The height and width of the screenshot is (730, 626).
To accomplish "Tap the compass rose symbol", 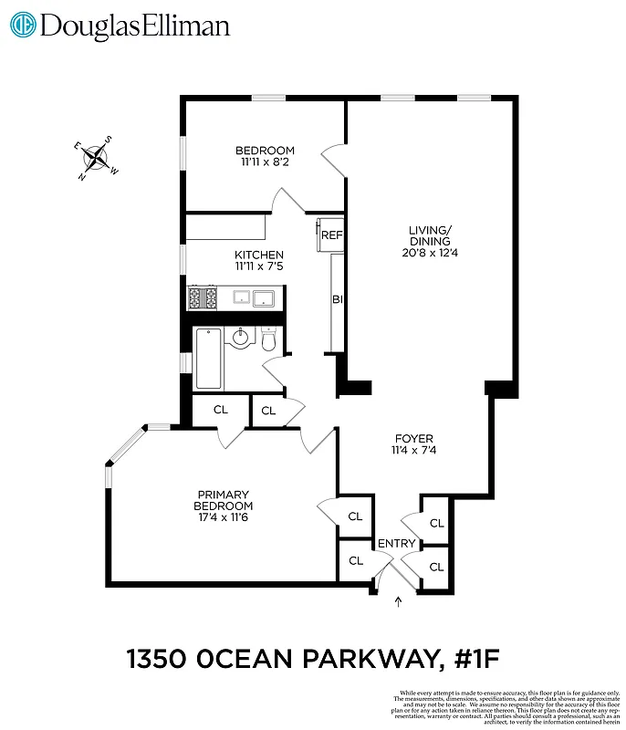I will tap(95, 159).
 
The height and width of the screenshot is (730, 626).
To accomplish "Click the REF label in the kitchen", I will tap(330, 235).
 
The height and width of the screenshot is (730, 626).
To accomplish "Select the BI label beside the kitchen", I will tap(337, 299).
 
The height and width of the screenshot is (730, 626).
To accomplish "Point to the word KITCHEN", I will tap(259, 255).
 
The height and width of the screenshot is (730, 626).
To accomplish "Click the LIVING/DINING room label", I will tap(430, 235).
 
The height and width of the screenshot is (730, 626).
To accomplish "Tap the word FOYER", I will tap(413, 438).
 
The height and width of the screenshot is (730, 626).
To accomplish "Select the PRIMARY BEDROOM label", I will tap(224, 500).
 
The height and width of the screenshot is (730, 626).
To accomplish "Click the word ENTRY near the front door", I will tap(396, 544).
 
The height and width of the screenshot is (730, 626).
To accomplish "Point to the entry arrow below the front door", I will tap(397, 600).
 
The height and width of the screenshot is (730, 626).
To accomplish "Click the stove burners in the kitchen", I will tap(202, 297).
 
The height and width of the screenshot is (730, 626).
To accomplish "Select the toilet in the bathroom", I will tap(269, 340).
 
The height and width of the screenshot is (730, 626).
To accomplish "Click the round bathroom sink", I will tap(240, 339).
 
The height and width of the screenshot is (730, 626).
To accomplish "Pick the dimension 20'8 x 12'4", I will tap(430, 253).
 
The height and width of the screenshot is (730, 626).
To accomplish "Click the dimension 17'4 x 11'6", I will tap(224, 517).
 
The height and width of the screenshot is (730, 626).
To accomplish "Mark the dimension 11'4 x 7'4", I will tap(413, 450).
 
